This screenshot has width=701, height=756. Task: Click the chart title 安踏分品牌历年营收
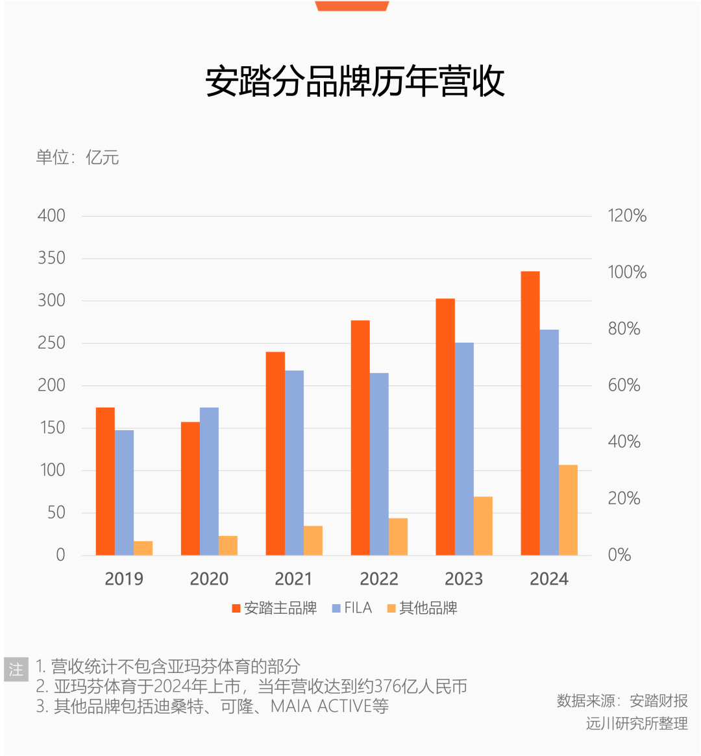(x=355, y=82)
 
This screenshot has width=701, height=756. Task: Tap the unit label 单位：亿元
(x=77, y=158)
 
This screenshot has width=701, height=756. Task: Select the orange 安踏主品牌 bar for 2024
(x=530, y=413)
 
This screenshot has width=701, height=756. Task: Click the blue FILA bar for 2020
(x=209, y=481)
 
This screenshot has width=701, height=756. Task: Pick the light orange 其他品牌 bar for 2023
(x=483, y=526)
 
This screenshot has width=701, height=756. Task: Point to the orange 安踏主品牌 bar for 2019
(x=105, y=481)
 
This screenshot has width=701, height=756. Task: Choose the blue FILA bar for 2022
(x=379, y=464)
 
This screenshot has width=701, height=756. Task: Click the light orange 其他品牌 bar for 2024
(x=568, y=510)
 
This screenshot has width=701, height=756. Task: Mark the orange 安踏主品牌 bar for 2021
(x=275, y=453)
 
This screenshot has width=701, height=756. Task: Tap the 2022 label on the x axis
(x=379, y=579)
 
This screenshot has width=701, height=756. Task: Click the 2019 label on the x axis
(x=124, y=579)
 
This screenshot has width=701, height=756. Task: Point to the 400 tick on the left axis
(x=51, y=216)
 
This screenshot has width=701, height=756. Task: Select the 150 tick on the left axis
(x=51, y=428)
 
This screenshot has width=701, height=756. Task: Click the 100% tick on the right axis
(x=627, y=273)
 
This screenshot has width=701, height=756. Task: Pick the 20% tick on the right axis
(x=624, y=498)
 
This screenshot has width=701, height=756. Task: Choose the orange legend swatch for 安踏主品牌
(x=236, y=609)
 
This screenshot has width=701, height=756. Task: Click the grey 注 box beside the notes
(x=16, y=669)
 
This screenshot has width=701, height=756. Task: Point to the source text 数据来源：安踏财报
(x=622, y=701)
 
